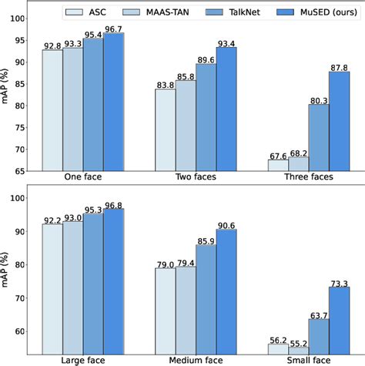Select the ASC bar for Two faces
point(165,129)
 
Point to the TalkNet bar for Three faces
point(318,137)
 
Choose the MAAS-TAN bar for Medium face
point(186,310)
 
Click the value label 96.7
point(113,28)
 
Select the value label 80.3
point(318,98)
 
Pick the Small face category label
point(308,360)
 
